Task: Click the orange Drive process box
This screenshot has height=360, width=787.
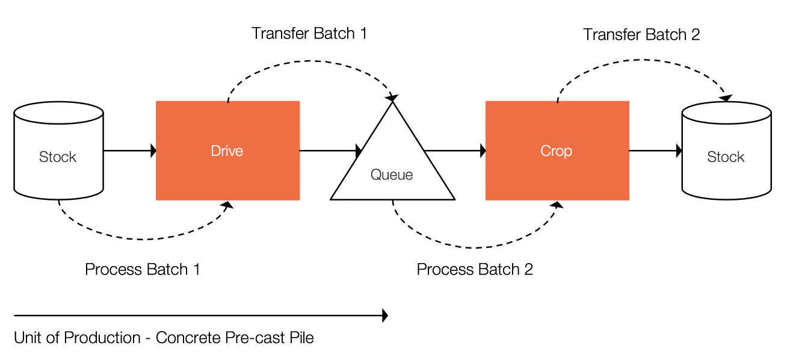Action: pyautogui.click(x=227, y=151)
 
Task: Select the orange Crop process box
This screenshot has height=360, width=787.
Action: pyautogui.click(x=557, y=151)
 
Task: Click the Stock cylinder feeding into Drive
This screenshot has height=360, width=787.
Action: pyautogui.click(x=59, y=151)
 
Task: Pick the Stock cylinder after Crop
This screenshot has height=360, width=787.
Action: pyautogui.click(x=727, y=151)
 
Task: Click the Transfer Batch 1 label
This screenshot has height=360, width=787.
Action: pyautogui.click(x=309, y=34)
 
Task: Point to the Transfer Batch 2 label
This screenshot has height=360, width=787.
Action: pyautogui.click(x=641, y=34)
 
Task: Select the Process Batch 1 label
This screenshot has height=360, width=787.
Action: pyautogui.click(x=142, y=270)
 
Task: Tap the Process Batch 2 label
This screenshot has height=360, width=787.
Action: pyautogui.click(x=475, y=270)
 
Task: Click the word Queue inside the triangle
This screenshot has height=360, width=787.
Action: pyautogui.click(x=391, y=175)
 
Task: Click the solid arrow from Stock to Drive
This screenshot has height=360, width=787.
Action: pyautogui.click(x=130, y=151)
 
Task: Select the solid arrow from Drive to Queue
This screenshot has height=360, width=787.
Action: pyautogui.click(x=330, y=151)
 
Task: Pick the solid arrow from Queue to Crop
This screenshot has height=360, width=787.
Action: pyautogui.click(x=455, y=151)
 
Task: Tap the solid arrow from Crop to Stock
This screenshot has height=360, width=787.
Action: pyautogui.click(x=656, y=151)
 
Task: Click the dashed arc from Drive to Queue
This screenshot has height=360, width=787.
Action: pyautogui.click(x=309, y=61)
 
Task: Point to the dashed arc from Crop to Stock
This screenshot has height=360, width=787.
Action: pyautogui.click(x=643, y=60)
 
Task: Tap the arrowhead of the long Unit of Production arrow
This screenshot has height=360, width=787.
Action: pyautogui.click(x=385, y=315)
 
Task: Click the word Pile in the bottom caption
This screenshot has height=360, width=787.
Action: pyautogui.click(x=301, y=338)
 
